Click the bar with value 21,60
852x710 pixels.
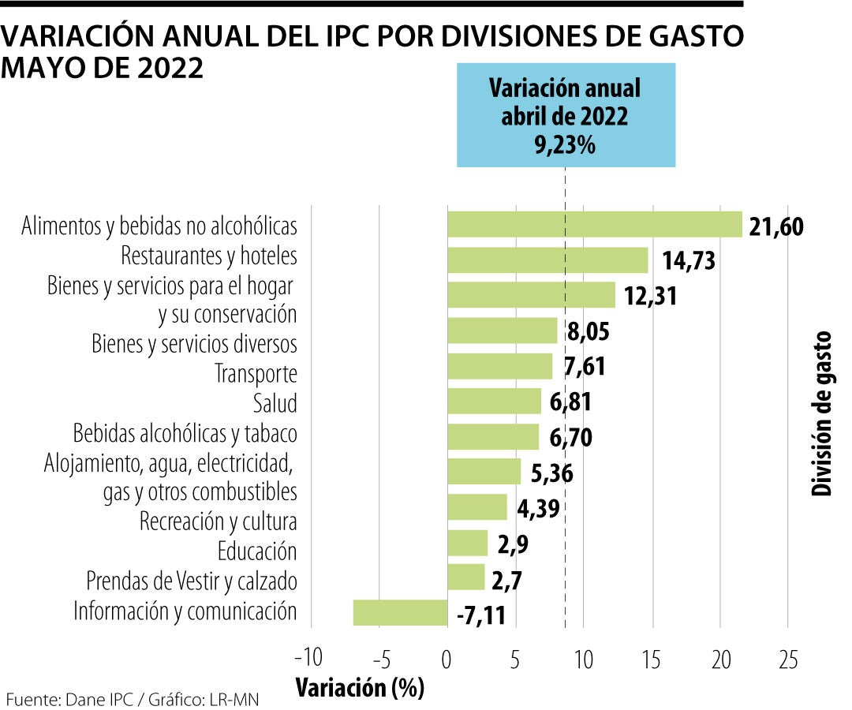coord(595,225)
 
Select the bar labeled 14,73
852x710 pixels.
coord(547,260)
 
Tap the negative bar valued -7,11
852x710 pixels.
coord(400,612)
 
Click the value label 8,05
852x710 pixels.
coord(589,332)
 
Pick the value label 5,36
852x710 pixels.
coord(551,473)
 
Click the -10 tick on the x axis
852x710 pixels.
coord(308,659)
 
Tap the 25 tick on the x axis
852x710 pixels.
coord(788,659)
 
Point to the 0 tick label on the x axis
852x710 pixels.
coord(447,659)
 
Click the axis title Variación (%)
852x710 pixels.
coord(360,688)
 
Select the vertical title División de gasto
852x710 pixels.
coord(822,413)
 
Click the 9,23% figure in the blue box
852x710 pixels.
coord(565,146)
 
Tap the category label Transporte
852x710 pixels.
coord(256,373)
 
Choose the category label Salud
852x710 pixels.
coord(275,403)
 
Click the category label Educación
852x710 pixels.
coord(257,551)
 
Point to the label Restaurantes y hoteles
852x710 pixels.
coord(209,256)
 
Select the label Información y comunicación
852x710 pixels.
coord(185,611)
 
